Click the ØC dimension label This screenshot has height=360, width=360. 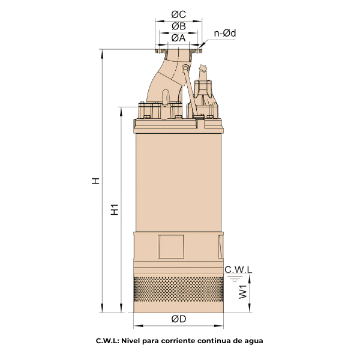point(178,14)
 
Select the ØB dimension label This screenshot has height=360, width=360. point(179,26)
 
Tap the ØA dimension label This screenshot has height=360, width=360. point(178,38)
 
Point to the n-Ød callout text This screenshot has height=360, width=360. point(225,33)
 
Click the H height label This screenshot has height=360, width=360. point(95,181)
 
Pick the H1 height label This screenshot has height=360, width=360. point(115,209)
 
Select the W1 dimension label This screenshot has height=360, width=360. point(243,292)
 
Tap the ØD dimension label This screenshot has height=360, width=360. point(179,319)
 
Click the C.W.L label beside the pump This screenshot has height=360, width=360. point(238,269)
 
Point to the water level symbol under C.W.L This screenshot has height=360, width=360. point(235,279)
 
